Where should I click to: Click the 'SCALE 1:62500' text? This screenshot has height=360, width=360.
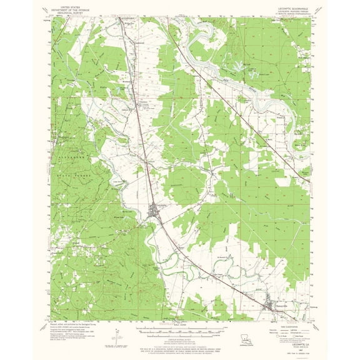[181, 324]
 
